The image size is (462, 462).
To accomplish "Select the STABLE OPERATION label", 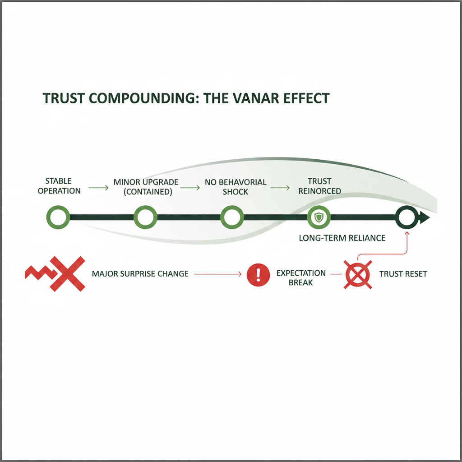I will point(59,186).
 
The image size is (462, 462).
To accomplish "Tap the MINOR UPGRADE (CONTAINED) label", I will point(146,187).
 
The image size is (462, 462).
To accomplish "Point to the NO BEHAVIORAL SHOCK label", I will point(236,187).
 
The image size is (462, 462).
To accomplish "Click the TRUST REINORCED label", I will point(319,186).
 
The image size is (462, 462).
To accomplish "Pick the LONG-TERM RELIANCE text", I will point(342,238).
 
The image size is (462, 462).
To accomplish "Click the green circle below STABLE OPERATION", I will point(58,217).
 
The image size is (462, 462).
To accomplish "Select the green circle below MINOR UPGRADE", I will point(145,217).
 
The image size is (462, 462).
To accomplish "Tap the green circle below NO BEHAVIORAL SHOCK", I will point(232,217).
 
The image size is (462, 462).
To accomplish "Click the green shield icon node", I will point(319,218).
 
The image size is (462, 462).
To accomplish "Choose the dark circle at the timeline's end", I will point(407,218).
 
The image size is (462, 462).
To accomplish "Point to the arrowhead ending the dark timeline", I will point(425,218).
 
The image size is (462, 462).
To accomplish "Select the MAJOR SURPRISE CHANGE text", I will point(140,274).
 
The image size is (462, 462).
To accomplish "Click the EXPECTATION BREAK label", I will point(300,277).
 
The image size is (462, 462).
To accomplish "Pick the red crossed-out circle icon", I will point(358,274).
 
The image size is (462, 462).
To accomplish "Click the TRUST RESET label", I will point(403,274).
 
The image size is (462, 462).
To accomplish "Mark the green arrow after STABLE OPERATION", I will point(98,187).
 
